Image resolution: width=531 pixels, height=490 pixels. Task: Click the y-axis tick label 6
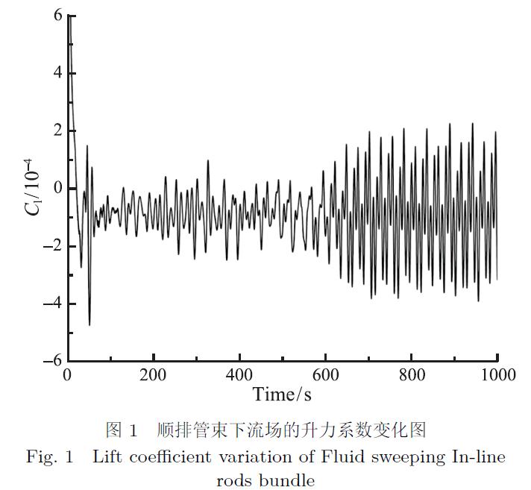[x=57, y=16]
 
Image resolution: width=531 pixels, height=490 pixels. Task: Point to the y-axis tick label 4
[x=57, y=73]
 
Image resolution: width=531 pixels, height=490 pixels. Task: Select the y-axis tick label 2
[x=57, y=131]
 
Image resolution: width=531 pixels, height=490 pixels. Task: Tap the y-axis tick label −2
[x=51, y=246]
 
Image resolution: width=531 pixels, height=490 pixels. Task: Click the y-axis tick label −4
[x=51, y=304]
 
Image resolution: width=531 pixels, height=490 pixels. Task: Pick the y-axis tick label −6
[x=51, y=361]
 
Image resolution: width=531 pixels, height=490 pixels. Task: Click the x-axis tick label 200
[x=153, y=374]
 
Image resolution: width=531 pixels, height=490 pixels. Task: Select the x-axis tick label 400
[x=239, y=374]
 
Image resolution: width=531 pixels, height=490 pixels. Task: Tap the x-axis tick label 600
[x=325, y=374]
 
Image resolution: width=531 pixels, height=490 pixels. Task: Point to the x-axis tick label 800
[x=412, y=374]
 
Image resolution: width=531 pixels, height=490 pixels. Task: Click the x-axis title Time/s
[x=282, y=394]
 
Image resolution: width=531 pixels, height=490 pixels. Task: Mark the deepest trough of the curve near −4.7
[x=89, y=324]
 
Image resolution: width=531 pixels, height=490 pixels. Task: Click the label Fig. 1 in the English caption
[x=49, y=456]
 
